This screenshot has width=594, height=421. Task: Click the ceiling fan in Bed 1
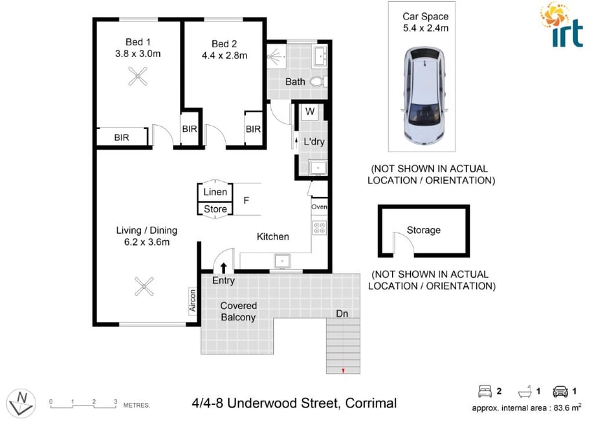pyautogui.click(x=138, y=76)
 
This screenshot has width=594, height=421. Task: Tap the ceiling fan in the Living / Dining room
pyautogui.click(x=144, y=286)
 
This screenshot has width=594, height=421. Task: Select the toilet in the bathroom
pyautogui.click(x=318, y=82)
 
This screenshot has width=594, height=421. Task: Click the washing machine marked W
pyautogui.click(x=310, y=111)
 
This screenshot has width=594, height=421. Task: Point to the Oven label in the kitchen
pyautogui.click(x=320, y=207)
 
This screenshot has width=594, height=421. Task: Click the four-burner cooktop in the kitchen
pyautogui.click(x=320, y=227)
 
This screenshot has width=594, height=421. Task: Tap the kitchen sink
pyautogui.click(x=282, y=261)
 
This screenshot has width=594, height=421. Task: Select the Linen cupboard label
pyautogui.click(x=215, y=192)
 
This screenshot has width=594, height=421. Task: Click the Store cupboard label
pyautogui.click(x=215, y=209)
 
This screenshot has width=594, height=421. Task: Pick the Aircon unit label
pyautogui.click(x=193, y=301)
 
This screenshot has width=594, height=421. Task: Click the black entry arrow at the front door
pyautogui.click(x=223, y=267)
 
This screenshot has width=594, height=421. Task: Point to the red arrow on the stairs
pyautogui.click(x=343, y=371)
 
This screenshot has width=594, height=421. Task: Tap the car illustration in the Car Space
pyautogui.click(x=424, y=96)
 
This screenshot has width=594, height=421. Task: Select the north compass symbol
pyautogui.click(x=21, y=403)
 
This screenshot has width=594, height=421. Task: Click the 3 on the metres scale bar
pyautogui.click(x=116, y=402)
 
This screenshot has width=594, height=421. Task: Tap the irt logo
pyautogui.click(x=562, y=25)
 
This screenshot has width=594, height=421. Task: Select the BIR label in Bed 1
pyautogui.click(x=122, y=137)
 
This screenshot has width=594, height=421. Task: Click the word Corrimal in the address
pyautogui.click(x=371, y=403)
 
